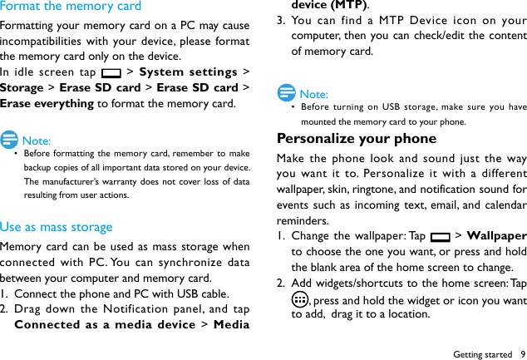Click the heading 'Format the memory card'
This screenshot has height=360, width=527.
[x=71, y=7]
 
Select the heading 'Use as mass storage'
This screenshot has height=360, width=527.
[x=56, y=227]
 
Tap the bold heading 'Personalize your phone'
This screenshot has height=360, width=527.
[x=356, y=139]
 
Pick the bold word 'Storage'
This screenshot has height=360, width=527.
[x=22, y=88]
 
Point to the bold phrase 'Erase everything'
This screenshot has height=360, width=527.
[x=47, y=104]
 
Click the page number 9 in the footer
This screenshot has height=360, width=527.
[x=522, y=354]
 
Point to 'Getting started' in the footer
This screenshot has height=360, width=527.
[x=482, y=354]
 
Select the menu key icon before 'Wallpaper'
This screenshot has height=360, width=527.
[x=441, y=237]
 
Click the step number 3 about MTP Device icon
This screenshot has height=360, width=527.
[x=281, y=21]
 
